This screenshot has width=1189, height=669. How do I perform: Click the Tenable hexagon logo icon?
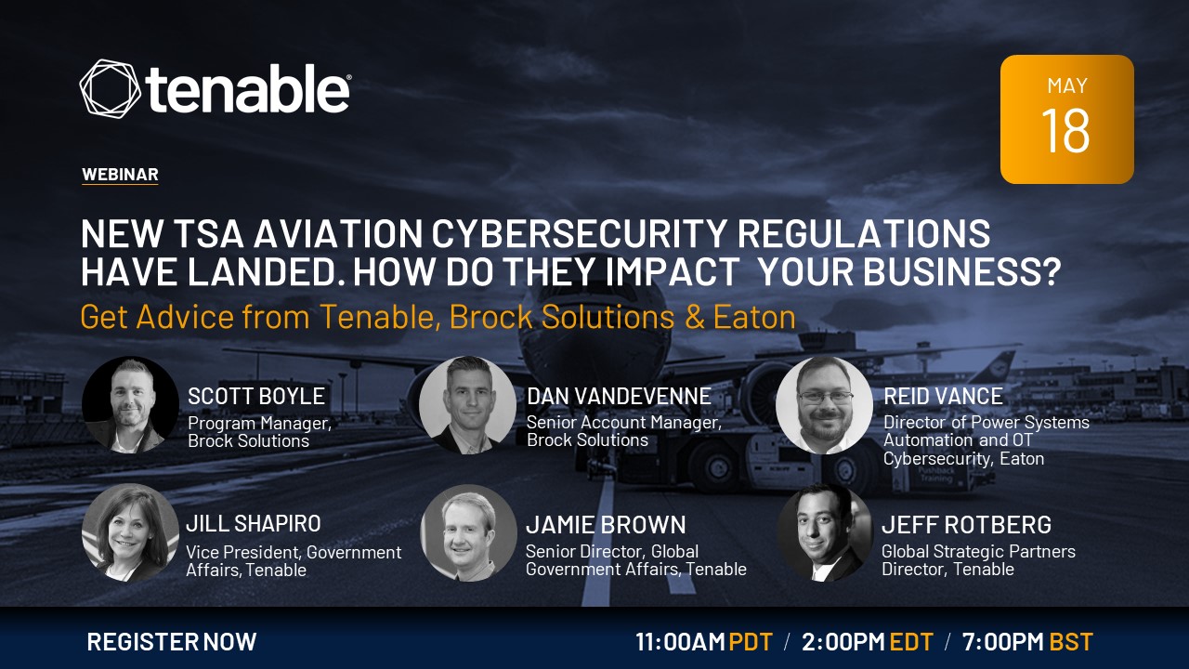point(111,88)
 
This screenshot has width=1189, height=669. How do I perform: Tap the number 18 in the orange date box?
point(1065,131)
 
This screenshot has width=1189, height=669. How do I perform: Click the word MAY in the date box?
point(1067,86)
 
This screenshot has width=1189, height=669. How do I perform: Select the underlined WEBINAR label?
point(120,175)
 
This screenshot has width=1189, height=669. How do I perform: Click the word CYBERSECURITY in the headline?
point(579,233)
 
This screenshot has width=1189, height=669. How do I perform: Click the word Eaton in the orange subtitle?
point(754,317)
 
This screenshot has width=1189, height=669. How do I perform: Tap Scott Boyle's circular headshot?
point(130,404)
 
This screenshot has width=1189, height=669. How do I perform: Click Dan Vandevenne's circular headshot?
point(467,404)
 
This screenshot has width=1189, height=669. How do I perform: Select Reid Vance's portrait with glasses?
point(824,404)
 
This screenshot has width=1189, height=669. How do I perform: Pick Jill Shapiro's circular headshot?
point(130,532)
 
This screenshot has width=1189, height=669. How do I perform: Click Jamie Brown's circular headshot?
point(468,532)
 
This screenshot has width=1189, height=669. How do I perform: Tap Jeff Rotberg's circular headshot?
point(824,532)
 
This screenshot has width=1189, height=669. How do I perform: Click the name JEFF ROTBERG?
point(966,525)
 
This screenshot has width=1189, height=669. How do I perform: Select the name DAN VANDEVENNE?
point(619,396)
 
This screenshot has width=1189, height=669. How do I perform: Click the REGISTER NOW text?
point(172,641)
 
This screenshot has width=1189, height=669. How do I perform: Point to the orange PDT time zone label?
point(751,642)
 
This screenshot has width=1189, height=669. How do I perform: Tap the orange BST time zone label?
point(1071,642)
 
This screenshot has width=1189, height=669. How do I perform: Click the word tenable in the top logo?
point(248,89)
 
